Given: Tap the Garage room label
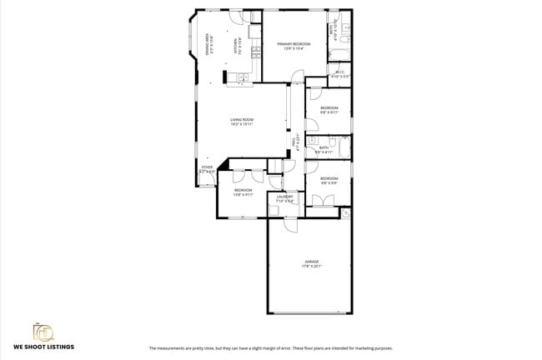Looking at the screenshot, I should pyautogui.click(x=311, y=263).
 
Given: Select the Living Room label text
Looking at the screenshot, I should pyautogui.click(x=242, y=122).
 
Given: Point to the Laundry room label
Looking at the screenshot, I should pyautogui.click(x=284, y=198).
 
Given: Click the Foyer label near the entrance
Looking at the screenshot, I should pyautogui.click(x=207, y=170).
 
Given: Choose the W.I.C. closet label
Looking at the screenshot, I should pyautogui.click(x=339, y=73).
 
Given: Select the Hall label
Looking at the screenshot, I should pyautogui.click(x=296, y=142).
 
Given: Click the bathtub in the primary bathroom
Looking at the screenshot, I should pyautogui.click(x=339, y=55).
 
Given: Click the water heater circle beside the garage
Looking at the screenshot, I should pyautogui.click(x=346, y=213).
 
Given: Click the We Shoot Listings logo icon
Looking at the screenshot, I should pyautogui.click(x=43, y=332).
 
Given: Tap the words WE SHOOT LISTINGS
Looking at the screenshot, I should pyautogui.click(x=43, y=347).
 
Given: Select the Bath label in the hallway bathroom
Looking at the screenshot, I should pyautogui.click(x=324, y=149).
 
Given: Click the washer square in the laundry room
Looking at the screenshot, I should pyautogui.click(x=274, y=209).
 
